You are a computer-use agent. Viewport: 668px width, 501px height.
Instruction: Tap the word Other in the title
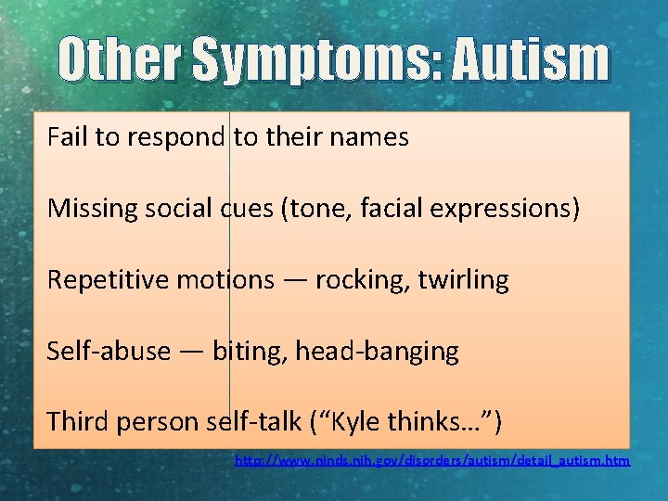(121, 60)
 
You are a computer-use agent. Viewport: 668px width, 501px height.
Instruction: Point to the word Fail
(66, 138)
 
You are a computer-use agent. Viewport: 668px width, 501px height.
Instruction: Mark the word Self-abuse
(109, 352)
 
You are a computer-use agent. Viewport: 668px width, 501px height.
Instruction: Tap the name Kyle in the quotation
(365, 422)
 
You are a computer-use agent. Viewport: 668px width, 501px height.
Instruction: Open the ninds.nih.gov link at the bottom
(432, 460)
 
